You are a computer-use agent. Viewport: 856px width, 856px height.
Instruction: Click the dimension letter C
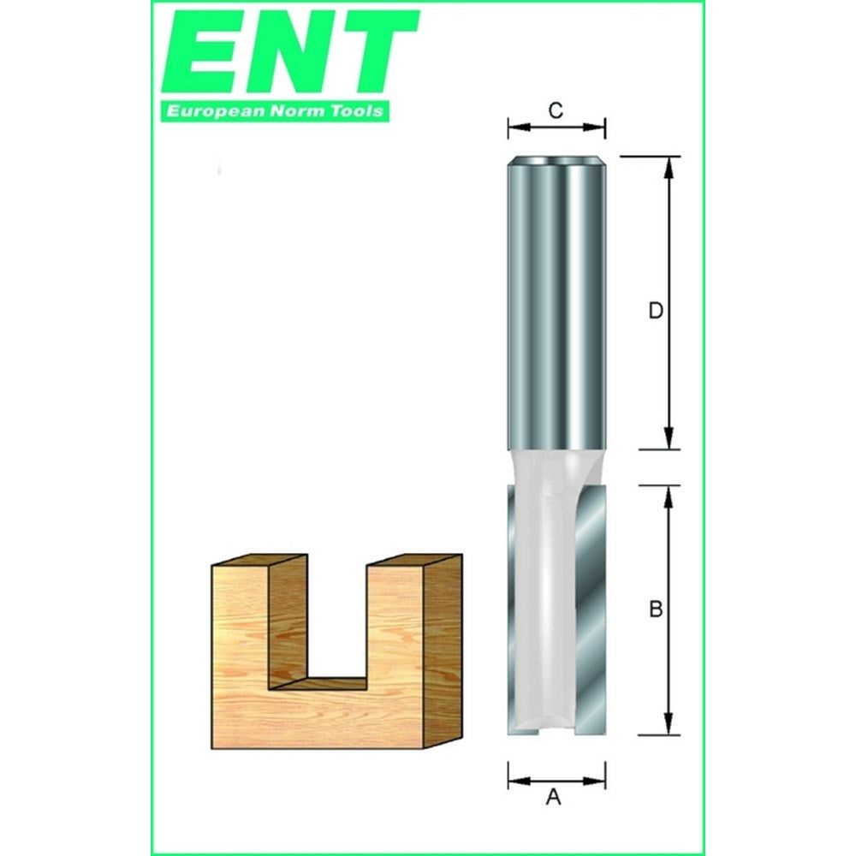[x=556, y=110]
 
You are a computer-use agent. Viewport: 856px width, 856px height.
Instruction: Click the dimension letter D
[x=655, y=312]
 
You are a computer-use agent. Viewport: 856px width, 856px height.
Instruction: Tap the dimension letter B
[x=656, y=610]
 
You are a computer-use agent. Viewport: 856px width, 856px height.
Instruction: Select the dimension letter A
[x=554, y=798]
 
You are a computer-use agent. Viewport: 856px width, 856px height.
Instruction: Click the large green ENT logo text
[x=290, y=53]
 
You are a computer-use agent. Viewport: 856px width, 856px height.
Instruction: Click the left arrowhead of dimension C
[x=514, y=128]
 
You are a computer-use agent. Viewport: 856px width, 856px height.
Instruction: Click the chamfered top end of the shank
[x=556, y=160]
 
